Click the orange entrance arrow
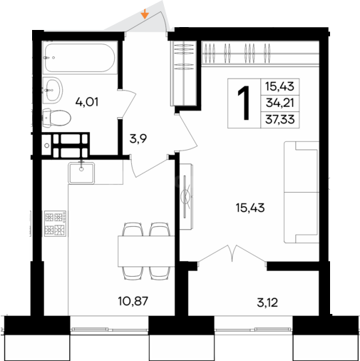(x=145, y=14)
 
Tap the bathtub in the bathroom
(x=80, y=58)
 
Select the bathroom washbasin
(x=53, y=90)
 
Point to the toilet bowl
(x=56, y=118)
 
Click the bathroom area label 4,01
(x=87, y=102)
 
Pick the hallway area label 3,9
(x=138, y=138)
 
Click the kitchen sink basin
(x=81, y=173)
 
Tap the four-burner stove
(x=55, y=223)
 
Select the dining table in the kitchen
(x=146, y=251)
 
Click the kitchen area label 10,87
(x=133, y=301)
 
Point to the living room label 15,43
(x=250, y=208)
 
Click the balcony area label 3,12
(x=267, y=302)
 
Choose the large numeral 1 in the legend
(x=244, y=103)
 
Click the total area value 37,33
(x=280, y=119)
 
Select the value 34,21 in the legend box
(x=280, y=103)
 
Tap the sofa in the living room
(x=302, y=192)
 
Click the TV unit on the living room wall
(x=186, y=196)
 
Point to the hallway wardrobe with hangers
(x=183, y=73)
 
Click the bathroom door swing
(x=128, y=103)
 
